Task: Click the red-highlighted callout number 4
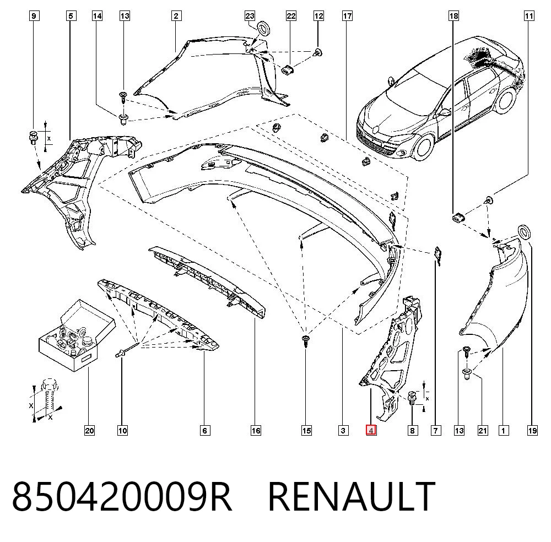371,430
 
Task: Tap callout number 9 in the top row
34,16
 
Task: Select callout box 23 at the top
250,16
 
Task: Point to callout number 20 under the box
89,430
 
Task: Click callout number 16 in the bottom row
256,430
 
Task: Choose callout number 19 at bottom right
532,430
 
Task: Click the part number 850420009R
122,497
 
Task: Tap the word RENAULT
352,497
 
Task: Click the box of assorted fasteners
77,334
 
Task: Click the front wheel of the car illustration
424,147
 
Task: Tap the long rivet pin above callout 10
128,350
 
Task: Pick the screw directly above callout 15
306,341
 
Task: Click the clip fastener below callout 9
33,137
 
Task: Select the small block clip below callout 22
289,69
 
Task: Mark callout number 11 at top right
528,16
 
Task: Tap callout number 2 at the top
176,16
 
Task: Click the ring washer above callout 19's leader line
525,232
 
